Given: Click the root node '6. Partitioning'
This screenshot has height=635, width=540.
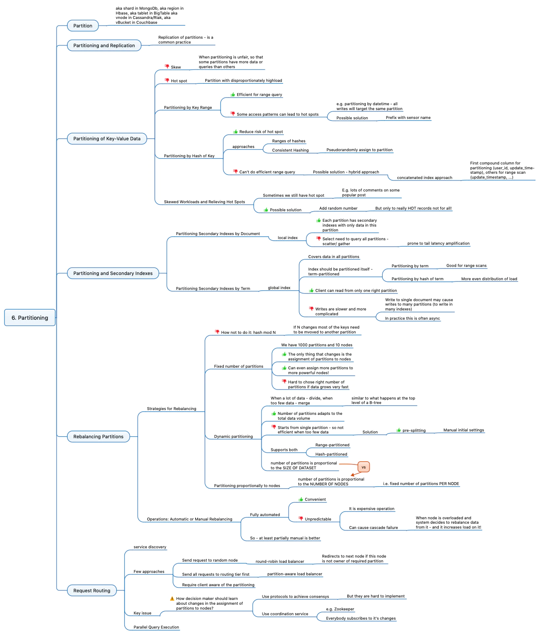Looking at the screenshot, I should pyautogui.click(x=30, y=318).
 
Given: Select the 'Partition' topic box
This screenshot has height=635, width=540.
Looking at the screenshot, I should pyautogui.click(x=83, y=26).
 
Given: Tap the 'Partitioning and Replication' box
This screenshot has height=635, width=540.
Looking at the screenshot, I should pyautogui.click(x=104, y=46).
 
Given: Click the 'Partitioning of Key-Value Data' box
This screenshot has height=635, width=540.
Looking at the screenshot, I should pyautogui.click(x=107, y=139).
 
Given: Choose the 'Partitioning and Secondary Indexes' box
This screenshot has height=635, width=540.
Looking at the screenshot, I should pyautogui.click(x=113, y=273).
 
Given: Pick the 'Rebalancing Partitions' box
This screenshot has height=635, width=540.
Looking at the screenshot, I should pyautogui.click(x=98, y=437).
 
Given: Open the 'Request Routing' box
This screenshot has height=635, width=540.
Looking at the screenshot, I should pyautogui.click(x=92, y=591).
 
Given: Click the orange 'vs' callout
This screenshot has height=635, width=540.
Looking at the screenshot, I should pyautogui.click(x=363, y=467).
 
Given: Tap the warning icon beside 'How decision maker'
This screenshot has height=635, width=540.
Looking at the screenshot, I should pyautogui.click(x=172, y=599).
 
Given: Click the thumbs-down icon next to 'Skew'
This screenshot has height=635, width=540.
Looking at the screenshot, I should pyautogui.click(x=167, y=67).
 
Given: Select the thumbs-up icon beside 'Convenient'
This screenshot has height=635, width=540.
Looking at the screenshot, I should pyautogui.click(x=301, y=499).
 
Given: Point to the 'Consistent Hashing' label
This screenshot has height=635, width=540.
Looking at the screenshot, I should pyautogui.click(x=290, y=150).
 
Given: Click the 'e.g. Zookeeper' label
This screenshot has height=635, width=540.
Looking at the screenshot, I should pyautogui.click(x=340, y=609).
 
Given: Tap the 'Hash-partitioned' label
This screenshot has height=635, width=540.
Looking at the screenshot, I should pyautogui.click(x=331, y=454).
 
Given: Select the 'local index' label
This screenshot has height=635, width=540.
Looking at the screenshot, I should pyautogui.click(x=288, y=238).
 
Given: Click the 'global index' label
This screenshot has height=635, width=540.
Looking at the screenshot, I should pyautogui.click(x=279, y=288).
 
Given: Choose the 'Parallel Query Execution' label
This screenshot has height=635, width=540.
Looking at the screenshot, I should pyautogui.click(x=156, y=627).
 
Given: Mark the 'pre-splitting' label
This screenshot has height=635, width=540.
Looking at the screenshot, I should pyautogui.click(x=414, y=431).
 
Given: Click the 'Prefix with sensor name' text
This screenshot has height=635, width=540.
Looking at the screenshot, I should pyautogui.click(x=408, y=118).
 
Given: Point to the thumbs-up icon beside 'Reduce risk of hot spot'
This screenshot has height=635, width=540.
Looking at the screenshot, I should pyautogui.click(x=236, y=131).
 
